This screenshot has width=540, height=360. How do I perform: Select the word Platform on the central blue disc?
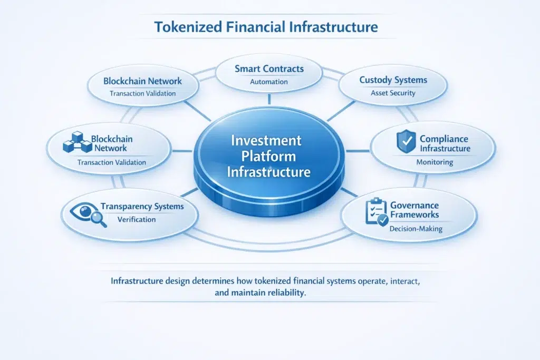click(269, 157)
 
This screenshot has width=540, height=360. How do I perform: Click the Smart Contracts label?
click(269, 68)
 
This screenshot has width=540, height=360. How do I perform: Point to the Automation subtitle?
click(269, 82)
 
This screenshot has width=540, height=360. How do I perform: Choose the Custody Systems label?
click(393, 80)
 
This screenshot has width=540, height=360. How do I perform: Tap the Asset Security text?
click(393, 93)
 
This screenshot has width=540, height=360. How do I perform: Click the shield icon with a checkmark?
click(405, 142)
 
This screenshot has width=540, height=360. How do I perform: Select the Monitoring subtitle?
click(434, 162)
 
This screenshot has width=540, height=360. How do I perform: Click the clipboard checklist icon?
click(377, 212)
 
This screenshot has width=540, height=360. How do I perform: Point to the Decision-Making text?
click(416, 229)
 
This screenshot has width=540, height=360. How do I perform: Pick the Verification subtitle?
click(137, 219)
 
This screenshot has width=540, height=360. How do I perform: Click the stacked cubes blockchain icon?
click(75, 142)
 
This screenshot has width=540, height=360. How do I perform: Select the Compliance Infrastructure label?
click(443, 143)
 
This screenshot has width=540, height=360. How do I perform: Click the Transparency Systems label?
click(142, 207)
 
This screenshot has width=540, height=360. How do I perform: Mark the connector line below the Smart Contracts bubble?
click(269, 99)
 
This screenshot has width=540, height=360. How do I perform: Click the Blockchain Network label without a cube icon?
click(142, 81)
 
